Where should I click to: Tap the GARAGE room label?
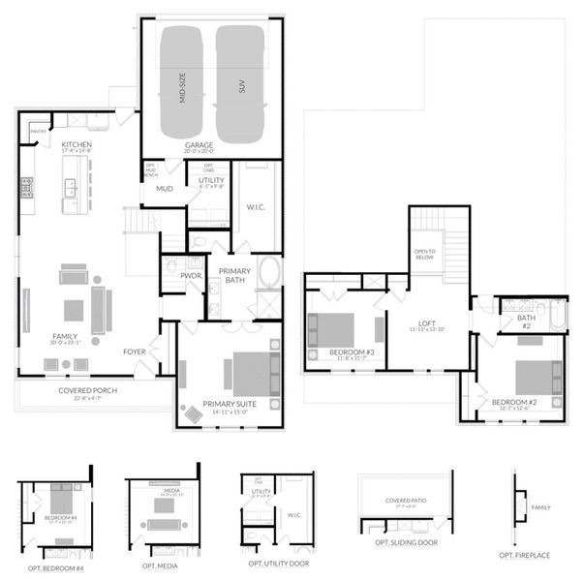coord(200,145)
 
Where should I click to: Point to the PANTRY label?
coord(39,130)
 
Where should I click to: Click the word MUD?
coord(165,189)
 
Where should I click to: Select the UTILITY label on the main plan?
coord(211,179)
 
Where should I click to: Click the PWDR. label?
coord(191,276)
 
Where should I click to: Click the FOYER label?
coord(135,352)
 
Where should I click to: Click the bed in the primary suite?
coord(250,373)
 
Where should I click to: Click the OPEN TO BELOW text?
coord(425,255)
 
